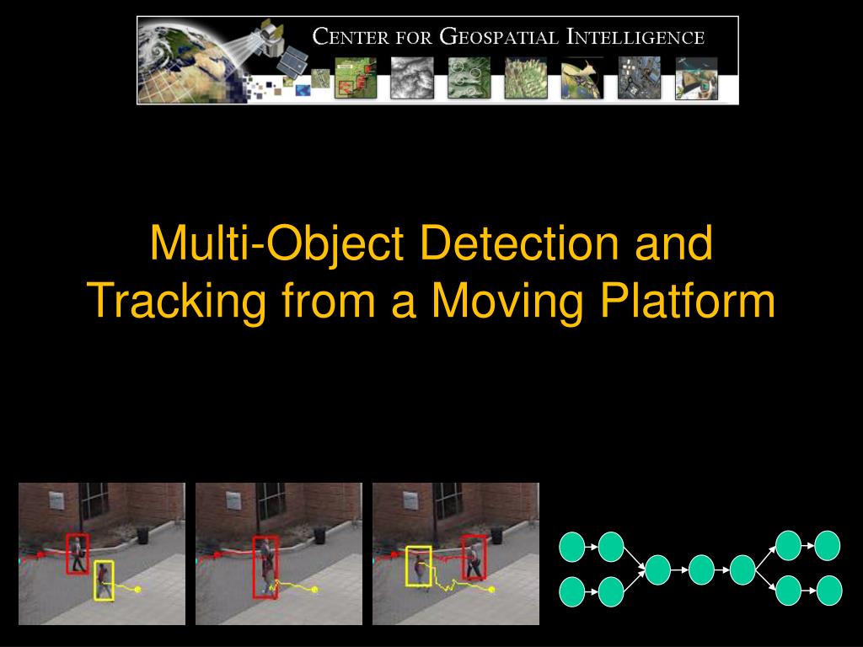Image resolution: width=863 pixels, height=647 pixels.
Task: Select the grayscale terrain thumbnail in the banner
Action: click(x=412, y=78)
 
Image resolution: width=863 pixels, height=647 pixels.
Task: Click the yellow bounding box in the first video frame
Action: click(x=104, y=580)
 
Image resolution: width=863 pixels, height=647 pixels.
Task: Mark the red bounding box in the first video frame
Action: click(x=78, y=553)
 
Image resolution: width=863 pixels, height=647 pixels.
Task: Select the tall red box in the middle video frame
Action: click(x=265, y=567)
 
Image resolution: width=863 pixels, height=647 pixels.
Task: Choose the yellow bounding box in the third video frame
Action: click(x=419, y=565)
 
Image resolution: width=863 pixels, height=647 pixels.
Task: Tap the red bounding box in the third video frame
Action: click(x=474, y=556)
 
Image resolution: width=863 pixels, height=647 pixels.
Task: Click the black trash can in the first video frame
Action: click(x=142, y=535)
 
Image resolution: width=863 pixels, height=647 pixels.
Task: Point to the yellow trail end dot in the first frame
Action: click(x=137, y=590)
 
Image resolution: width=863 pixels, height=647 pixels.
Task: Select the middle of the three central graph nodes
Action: click(x=701, y=570)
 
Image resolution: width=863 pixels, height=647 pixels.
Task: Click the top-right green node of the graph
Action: click(x=828, y=546)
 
